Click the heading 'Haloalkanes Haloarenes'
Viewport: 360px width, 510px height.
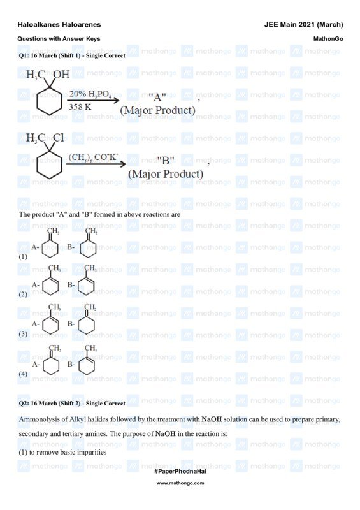[x=59, y=25]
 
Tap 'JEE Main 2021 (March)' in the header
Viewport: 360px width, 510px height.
[x=303, y=25]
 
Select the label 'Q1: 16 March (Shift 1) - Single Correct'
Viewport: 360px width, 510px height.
[x=72, y=55]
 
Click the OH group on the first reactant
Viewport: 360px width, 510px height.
[x=61, y=75]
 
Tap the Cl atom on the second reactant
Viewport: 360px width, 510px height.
[x=58, y=138]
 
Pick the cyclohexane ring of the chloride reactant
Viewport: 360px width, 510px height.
[x=50, y=164]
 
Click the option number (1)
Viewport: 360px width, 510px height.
[x=24, y=256]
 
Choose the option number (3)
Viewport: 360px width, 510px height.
[x=24, y=333]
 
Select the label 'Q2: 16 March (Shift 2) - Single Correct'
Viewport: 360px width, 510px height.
[x=72, y=404]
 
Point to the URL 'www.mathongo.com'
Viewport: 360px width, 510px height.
[x=180, y=483]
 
